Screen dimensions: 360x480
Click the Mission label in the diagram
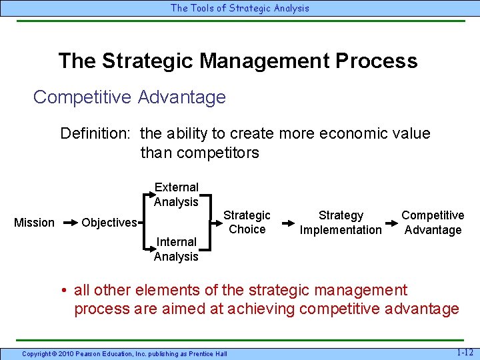(34, 223)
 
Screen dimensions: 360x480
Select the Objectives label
(109, 223)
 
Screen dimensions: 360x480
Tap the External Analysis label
(176, 195)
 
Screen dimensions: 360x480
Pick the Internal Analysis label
(176, 249)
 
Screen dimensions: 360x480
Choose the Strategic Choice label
(247, 222)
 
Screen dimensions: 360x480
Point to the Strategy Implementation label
(341, 223)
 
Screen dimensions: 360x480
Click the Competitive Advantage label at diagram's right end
(433, 223)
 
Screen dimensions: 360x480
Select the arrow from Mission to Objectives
(69, 223)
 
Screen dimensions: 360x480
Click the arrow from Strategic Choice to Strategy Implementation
(286, 223)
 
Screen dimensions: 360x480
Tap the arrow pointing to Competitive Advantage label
(392, 223)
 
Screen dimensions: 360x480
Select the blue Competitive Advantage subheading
(129, 97)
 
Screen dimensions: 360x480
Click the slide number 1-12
(465, 351)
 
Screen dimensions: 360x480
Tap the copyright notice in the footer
(124, 353)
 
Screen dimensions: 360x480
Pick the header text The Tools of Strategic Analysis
(240, 8)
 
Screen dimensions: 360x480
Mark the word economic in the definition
(351, 133)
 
